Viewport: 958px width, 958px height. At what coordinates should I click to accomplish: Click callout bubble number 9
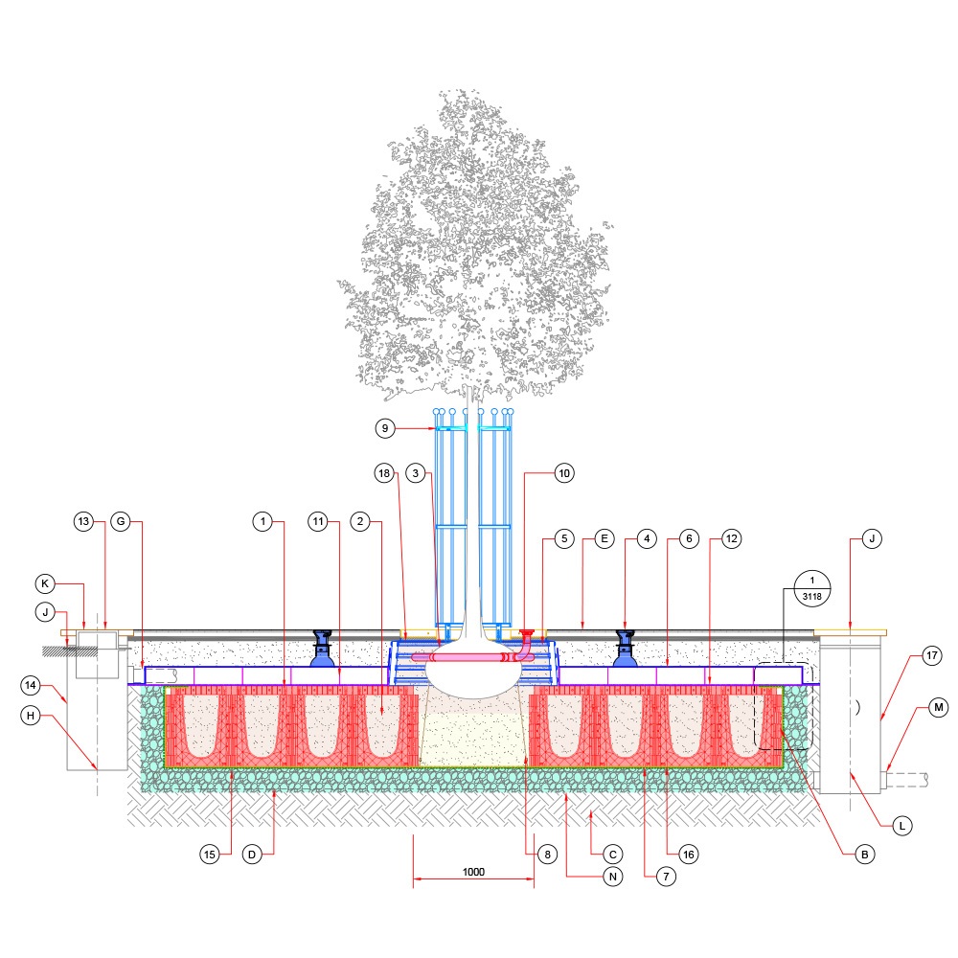[x=385, y=428]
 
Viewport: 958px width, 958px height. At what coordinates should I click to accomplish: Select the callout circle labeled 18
[x=384, y=473]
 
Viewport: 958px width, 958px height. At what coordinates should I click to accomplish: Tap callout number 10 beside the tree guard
[x=564, y=473]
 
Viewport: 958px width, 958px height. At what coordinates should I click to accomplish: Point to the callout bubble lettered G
[x=121, y=522]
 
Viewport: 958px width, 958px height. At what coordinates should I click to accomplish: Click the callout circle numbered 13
[x=83, y=522]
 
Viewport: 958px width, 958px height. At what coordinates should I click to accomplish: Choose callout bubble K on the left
[x=45, y=583]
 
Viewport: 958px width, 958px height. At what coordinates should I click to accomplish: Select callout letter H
[x=31, y=716]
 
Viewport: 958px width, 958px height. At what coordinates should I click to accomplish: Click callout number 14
[x=31, y=686]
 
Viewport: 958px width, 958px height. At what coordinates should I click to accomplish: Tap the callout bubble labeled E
[x=604, y=538]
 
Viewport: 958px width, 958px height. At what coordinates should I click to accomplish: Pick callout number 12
[x=731, y=538]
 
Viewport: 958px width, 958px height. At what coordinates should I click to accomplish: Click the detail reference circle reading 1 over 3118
[x=812, y=588]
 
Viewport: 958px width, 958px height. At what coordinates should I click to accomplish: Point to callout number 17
[x=932, y=656]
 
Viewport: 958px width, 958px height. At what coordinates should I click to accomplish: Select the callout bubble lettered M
[x=939, y=708]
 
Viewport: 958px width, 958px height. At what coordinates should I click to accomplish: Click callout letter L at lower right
[x=902, y=826]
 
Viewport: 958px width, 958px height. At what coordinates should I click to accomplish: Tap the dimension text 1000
[x=473, y=872]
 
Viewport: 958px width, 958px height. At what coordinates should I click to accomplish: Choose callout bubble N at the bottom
[x=613, y=877]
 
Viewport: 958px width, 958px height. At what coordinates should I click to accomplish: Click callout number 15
[x=210, y=855]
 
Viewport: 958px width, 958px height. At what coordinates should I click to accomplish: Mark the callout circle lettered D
[x=252, y=855]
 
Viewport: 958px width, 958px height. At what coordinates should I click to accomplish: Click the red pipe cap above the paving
[x=526, y=633]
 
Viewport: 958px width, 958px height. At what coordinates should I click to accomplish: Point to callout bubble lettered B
[x=864, y=855]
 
